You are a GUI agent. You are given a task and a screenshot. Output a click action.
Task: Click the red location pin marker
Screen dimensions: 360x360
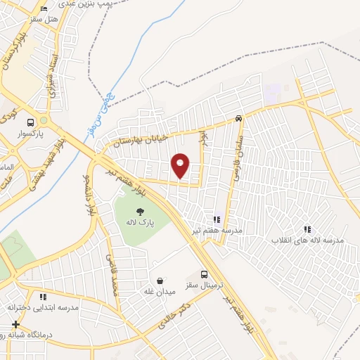181,165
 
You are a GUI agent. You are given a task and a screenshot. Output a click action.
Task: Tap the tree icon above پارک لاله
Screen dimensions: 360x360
141,210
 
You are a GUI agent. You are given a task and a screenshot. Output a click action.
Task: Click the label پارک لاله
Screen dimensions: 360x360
140,221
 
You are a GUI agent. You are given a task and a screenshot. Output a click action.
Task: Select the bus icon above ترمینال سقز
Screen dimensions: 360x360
204,274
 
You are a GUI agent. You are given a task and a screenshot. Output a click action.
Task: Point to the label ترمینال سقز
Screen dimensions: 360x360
205,285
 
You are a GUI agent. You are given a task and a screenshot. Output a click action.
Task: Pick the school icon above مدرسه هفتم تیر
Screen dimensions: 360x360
217,219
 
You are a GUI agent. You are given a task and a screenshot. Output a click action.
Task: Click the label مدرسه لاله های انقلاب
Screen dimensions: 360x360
308,240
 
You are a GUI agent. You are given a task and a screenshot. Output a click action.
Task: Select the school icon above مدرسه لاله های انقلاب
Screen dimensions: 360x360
307,229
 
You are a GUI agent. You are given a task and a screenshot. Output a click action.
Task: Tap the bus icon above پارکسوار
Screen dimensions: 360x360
30,122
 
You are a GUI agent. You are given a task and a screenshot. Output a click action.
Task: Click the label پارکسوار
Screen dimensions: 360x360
30,133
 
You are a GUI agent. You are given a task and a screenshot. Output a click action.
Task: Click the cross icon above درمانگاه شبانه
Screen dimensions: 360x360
15,325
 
